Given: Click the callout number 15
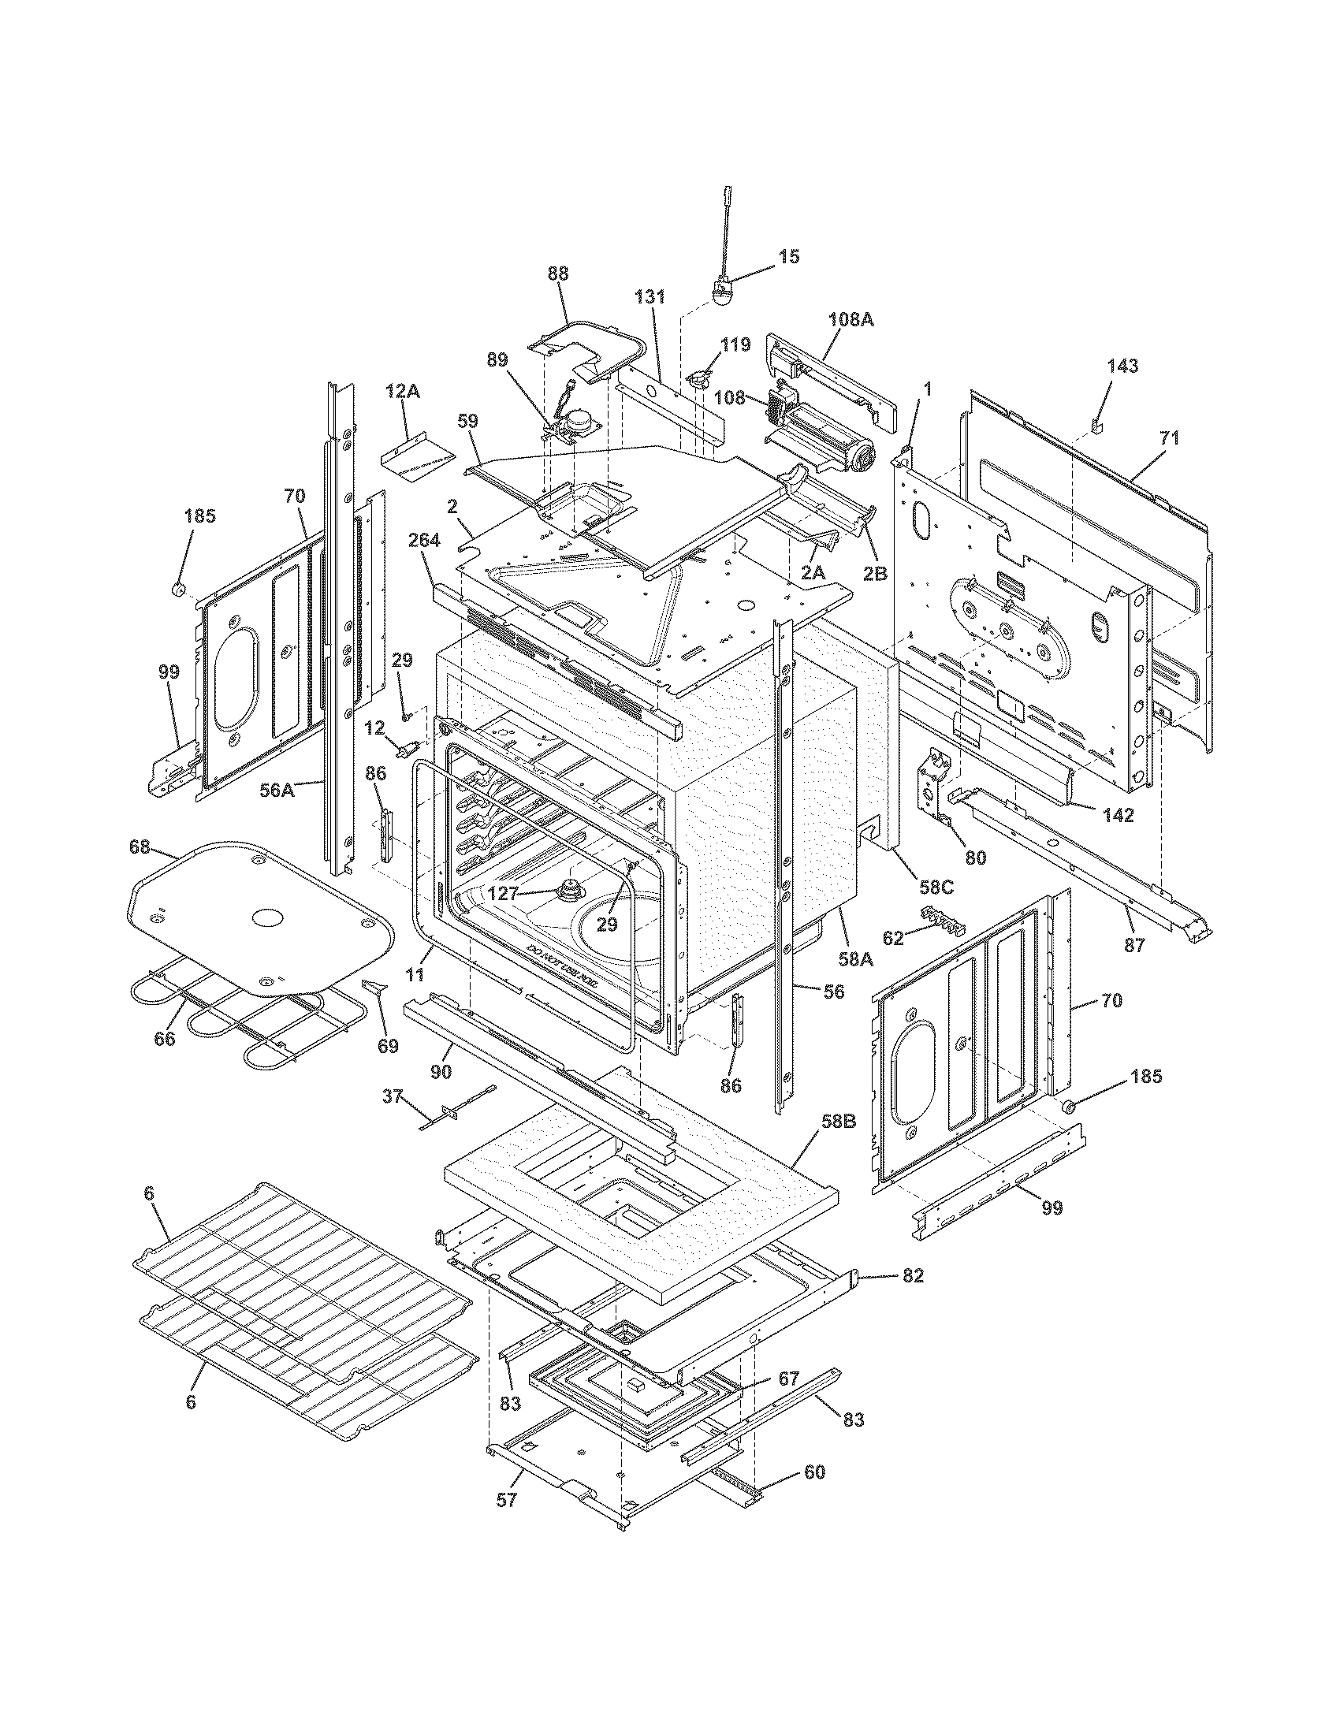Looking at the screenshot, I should pos(788,256).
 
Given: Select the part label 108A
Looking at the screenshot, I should pos(851,319).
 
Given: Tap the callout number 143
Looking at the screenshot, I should pos(1122,366).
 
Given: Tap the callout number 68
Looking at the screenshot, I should pos(140,848).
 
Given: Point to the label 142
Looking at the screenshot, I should pos(1117,815).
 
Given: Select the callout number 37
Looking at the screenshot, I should pos(393,1096).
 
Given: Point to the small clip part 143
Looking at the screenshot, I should pos(1098,427).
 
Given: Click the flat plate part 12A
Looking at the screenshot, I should pos(417,460).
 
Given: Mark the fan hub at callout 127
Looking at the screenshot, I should pos(569,889).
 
